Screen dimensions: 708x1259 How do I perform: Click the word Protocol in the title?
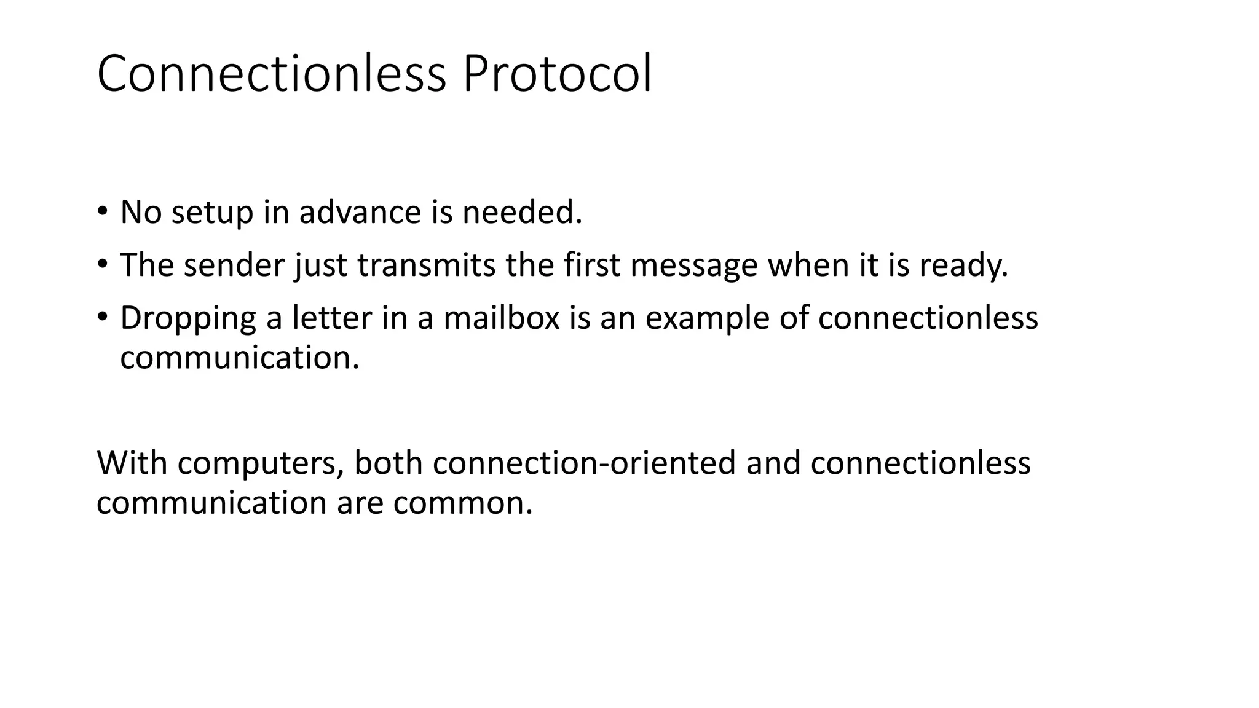(556, 74)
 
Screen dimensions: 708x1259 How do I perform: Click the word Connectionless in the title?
(271, 74)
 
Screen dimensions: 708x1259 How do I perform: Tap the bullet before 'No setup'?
(102, 211)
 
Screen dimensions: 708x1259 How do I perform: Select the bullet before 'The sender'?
(102, 264)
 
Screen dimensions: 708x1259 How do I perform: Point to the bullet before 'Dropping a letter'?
(102, 317)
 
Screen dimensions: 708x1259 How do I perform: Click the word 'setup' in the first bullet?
(212, 213)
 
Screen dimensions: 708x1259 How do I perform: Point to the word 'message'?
(694, 266)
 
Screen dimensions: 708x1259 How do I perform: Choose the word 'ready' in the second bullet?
(963, 266)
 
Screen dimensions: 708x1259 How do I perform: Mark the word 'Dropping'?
(187, 319)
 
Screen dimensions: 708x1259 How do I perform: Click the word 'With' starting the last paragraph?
(132, 463)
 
